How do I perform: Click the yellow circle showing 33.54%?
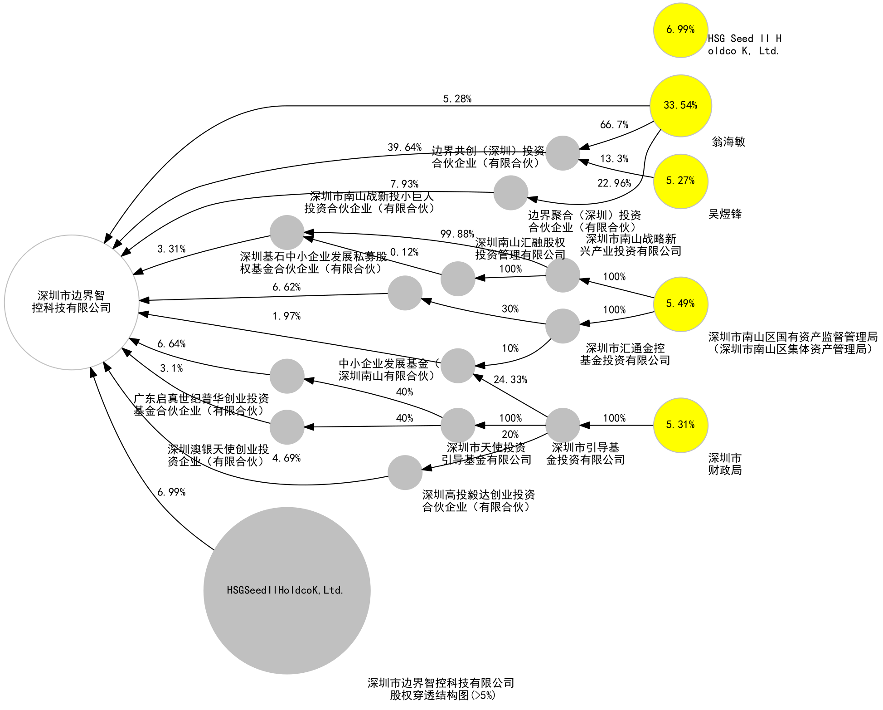tap(680, 106)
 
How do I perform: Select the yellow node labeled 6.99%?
tap(680, 30)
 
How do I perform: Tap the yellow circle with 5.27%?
tap(680, 181)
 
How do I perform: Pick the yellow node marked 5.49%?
tap(680, 304)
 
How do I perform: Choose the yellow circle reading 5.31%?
tap(680, 425)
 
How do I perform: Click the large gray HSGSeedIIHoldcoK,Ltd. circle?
tap(286, 590)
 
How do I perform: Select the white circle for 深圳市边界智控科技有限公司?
tap(72, 302)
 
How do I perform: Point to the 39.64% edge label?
tap(404, 147)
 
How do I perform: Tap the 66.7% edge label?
tap(614, 125)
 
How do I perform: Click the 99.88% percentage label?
tap(457, 234)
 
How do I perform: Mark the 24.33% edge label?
tap(510, 380)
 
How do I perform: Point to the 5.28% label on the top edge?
tap(457, 99)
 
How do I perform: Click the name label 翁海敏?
tap(728, 142)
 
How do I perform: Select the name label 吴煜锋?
tap(725, 214)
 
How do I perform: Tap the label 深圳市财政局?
tap(725, 464)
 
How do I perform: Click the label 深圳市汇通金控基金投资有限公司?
tap(625, 354)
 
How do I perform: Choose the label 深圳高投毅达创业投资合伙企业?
tap(478, 501)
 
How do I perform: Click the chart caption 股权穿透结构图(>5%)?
tap(442, 695)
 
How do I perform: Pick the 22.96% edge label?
tap(614, 183)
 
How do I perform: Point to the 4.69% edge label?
tap(286, 458)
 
